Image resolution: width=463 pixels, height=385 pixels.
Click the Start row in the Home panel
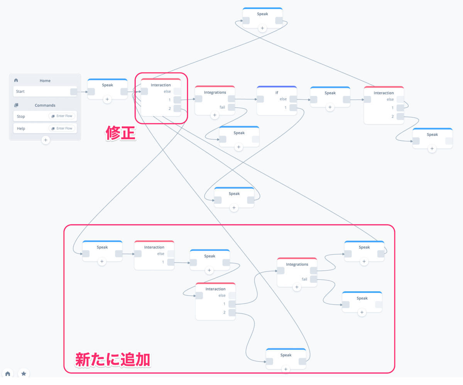click(x=41, y=92)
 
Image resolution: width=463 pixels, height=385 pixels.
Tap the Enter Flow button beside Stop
click(x=62, y=116)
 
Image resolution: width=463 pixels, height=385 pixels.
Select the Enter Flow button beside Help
click(x=62, y=128)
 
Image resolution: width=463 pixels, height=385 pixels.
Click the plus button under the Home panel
click(x=46, y=140)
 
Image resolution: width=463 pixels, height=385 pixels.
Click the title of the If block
click(x=276, y=93)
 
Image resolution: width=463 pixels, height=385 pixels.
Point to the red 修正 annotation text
click(x=120, y=134)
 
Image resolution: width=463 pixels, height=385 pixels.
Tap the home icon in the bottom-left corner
click(x=8, y=374)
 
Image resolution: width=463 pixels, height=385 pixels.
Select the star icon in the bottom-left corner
click(x=24, y=374)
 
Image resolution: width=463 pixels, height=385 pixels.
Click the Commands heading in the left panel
click(x=45, y=105)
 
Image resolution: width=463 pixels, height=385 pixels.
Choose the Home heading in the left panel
click(x=45, y=81)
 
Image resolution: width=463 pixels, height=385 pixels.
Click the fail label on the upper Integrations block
click(x=223, y=107)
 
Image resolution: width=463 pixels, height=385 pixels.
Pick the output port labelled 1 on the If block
click(x=293, y=108)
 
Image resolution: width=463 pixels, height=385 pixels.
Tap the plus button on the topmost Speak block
click(x=262, y=28)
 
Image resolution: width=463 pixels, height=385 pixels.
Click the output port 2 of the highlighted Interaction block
click(x=177, y=109)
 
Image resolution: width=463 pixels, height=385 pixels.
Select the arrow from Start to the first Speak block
click(x=82, y=92)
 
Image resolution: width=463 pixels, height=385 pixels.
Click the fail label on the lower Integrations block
click(x=304, y=279)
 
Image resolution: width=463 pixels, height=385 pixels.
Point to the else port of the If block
click(x=293, y=99)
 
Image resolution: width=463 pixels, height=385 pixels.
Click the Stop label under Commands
click(x=21, y=116)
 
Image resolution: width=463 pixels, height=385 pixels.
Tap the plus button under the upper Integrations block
click(x=215, y=115)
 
